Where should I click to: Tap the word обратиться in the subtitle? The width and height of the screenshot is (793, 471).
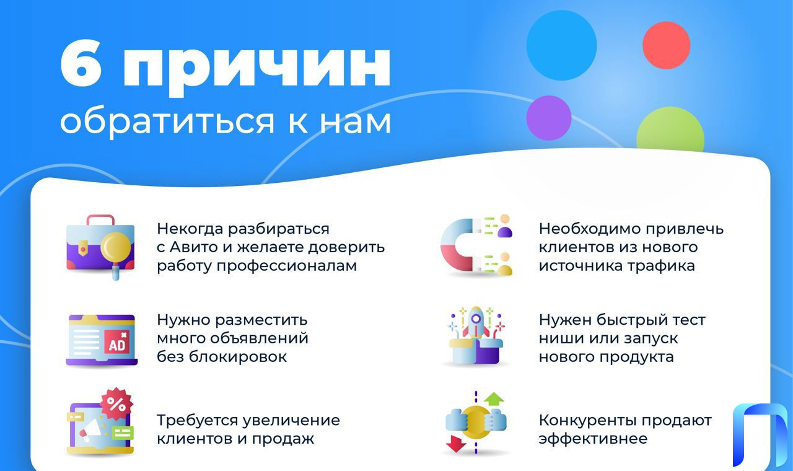point(167,121)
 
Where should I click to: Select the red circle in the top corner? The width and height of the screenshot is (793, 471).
point(666,45)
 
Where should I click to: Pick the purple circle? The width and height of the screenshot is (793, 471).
point(549,118)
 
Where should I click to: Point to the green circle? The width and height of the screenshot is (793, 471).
point(670,130)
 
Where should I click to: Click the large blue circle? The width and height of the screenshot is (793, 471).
point(561,45)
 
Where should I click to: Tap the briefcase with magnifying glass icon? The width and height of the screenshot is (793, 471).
point(100,247)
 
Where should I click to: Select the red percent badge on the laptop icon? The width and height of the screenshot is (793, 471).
point(116,403)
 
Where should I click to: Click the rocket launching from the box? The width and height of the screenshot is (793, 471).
point(476,323)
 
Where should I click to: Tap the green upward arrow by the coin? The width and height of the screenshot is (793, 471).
point(494,398)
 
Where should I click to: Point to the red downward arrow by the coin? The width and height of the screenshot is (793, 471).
point(456,444)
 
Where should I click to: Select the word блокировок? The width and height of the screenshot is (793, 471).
point(237,356)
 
